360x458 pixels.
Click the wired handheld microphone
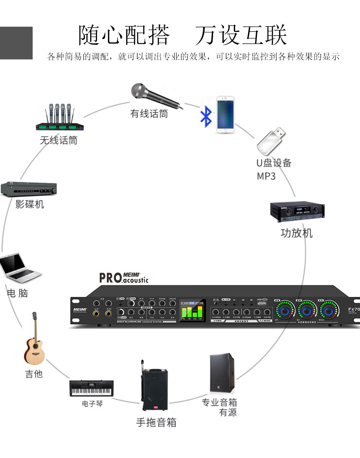click(152, 94)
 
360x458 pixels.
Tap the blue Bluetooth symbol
click(206, 116)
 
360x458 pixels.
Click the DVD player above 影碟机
click(29, 189)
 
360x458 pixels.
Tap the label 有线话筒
click(149, 113)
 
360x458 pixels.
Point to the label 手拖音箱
click(156, 422)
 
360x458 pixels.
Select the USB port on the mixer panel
click(262, 304)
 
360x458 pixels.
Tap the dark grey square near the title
click(16, 43)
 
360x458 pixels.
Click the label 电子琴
click(92, 404)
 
